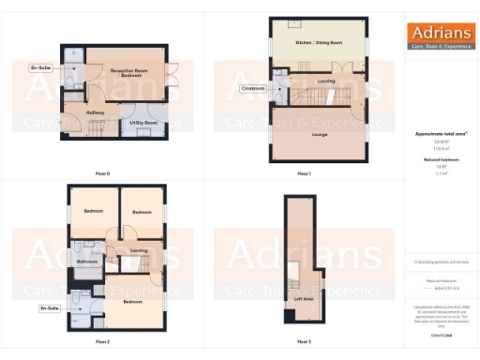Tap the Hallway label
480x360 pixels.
click(x=96, y=112)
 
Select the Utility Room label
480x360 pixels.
click(x=143, y=123)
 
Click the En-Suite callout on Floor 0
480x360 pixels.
click(x=41, y=68)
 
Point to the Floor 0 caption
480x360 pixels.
click(x=103, y=173)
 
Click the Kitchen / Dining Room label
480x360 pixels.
click(x=319, y=43)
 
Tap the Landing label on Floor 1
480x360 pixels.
click(x=326, y=82)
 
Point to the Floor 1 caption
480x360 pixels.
click(x=304, y=173)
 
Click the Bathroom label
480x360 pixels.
click(x=88, y=262)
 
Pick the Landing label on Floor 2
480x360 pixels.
click(x=139, y=250)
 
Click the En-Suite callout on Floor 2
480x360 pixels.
click(x=49, y=307)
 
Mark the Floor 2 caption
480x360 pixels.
click(x=103, y=341)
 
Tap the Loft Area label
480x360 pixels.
click(x=303, y=299)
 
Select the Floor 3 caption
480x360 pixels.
click(x=304, y=341)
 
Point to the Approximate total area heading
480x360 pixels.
click(x=440, y=134)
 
